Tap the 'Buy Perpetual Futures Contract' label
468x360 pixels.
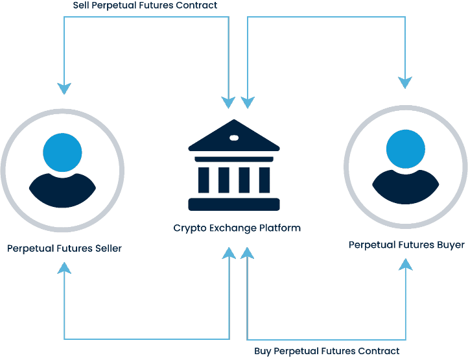pyautogui.click(x=327, y=351)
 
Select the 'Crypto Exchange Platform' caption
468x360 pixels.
pyautogui.click(x=237, y=228)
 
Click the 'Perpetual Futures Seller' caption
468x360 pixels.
pyautogui.click(x=64, y=248)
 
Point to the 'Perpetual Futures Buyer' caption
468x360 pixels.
pyautogui.click(x=406, y=245)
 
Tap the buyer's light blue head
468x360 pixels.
pyautogui.click(x=406, y=149)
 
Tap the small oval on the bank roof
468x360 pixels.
pyautogui.click(x=233, y=138)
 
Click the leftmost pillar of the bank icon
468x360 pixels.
pyautogui.click(x=204, y=180)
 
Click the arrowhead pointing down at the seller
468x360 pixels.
pyautogui.click(x=64, y=88)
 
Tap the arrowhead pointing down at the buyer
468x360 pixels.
pyautogui.click(x=406, y=82)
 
